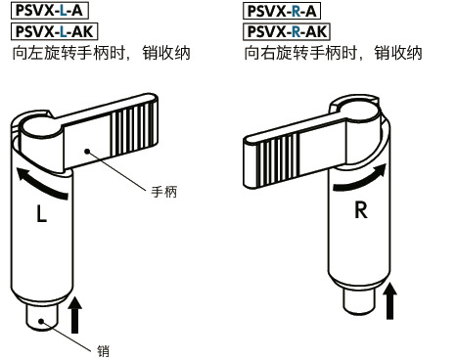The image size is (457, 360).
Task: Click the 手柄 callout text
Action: tap(162, 192)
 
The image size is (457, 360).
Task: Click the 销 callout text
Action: tap(104, 348)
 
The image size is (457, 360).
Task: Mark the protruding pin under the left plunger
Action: tap(41, 320)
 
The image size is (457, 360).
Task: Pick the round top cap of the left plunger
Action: tap(39, 124)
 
